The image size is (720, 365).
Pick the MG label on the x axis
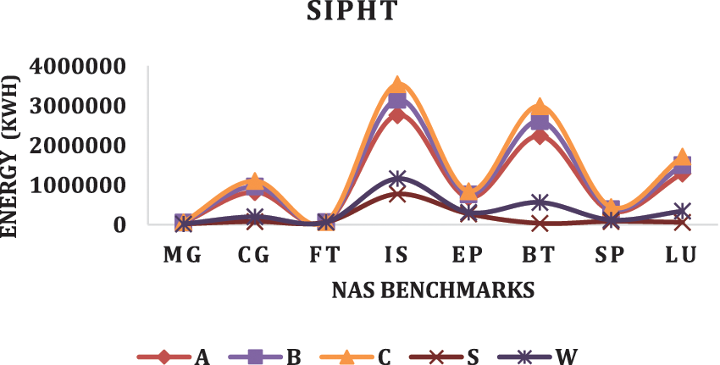[183, 255]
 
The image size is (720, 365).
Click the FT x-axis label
[326, 255]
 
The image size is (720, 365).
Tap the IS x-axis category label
[397, 255]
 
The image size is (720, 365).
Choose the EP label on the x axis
[468, 255]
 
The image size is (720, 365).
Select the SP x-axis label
[611, 255]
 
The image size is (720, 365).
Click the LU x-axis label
[682, 255]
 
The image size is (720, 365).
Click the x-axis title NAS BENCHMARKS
[433, 290]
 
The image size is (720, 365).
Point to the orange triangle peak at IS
[397, 86]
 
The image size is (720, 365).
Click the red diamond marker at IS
[397, 115]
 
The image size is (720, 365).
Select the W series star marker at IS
[397, 179]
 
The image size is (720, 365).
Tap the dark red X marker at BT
[540, 223]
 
